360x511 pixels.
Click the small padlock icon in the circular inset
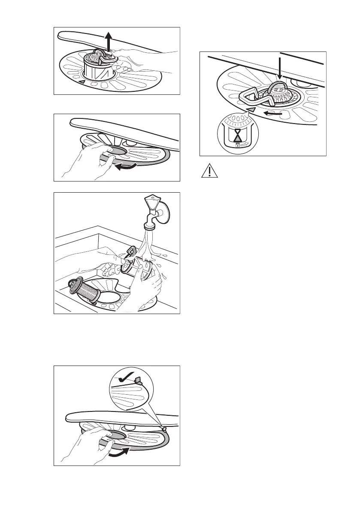(x=237, y=146)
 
